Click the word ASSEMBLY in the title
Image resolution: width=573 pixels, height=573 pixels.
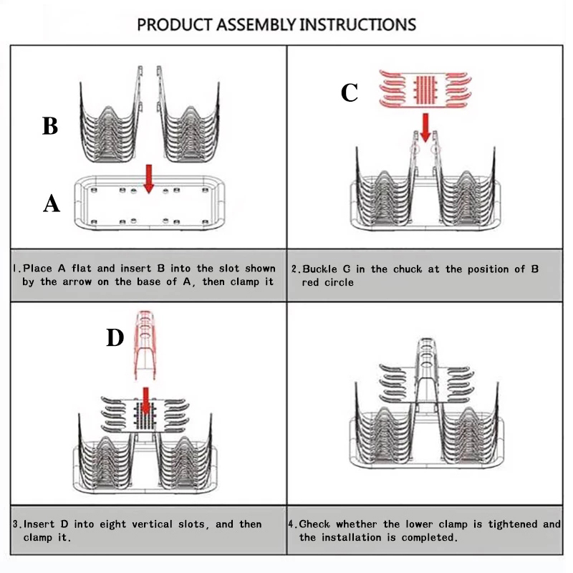[251, 24]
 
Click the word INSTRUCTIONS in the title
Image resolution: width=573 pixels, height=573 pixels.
[357, 24]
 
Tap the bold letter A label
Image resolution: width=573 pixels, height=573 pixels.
[51, 205]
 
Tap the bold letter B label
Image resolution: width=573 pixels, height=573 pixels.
[49, 126]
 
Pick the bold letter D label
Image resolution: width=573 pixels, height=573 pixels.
[115, 337]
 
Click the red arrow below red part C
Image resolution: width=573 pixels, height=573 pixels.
[426, 126]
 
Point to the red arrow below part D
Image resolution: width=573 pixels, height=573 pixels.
[145, 401]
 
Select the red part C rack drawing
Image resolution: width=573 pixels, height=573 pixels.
[425, 87]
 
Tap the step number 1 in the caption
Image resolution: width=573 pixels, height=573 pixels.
[15, 269]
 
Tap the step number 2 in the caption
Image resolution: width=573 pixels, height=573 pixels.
[294, 269]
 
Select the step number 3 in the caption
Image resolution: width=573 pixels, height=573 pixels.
[15, 524]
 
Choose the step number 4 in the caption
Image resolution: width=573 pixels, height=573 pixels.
[294, 524]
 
